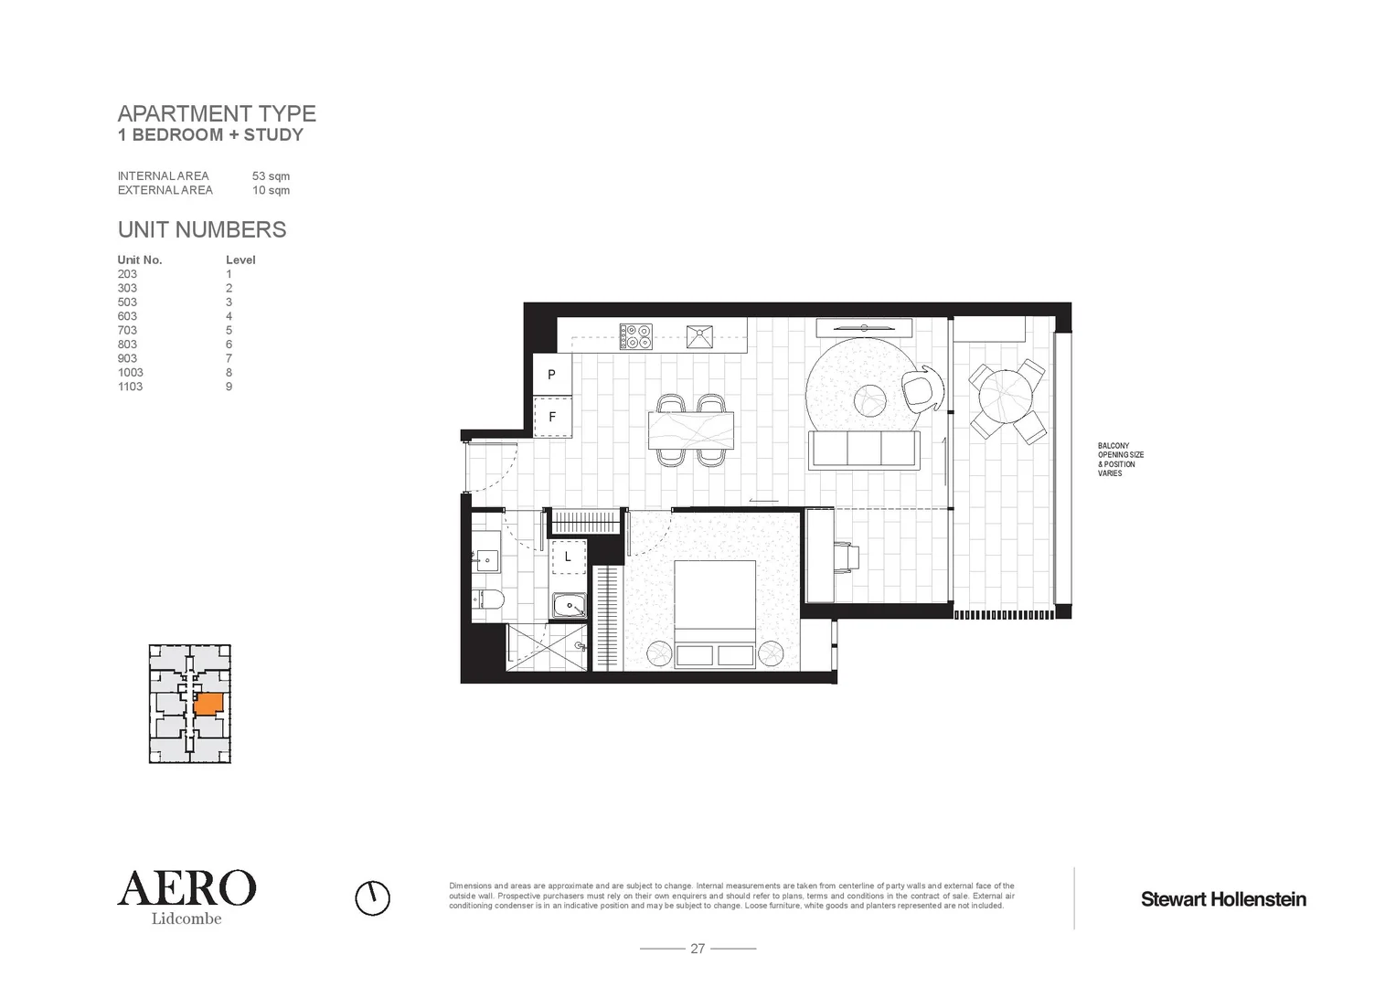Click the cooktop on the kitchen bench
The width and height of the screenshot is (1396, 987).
(x=635, y=336)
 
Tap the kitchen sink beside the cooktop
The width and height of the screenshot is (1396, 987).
(x=701, y=335)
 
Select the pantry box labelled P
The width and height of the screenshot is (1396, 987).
(x=552, y=375)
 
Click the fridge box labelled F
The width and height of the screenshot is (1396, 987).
(x=552, y=417)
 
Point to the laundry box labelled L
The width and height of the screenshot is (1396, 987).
(x=568, y=556)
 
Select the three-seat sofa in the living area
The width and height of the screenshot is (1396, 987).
(x=864, y=450)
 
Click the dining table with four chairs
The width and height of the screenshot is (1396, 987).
(x=691, y=430)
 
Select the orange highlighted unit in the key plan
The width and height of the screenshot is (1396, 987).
(x=209, y=703)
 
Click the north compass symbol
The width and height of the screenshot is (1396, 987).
(x=372, y=897)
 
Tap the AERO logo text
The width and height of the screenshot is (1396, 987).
(x=186, y=887)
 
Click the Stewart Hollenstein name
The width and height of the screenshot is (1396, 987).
(x=1222, y=899)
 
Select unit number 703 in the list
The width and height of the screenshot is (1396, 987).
(x=127, y=331)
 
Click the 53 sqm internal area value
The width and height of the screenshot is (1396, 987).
(x=271, y=176)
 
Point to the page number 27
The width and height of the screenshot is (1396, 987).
(x=698, y=949)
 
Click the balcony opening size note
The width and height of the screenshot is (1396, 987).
(x=1120, y=460)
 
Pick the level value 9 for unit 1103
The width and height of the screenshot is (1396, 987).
(x=229, y=387)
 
